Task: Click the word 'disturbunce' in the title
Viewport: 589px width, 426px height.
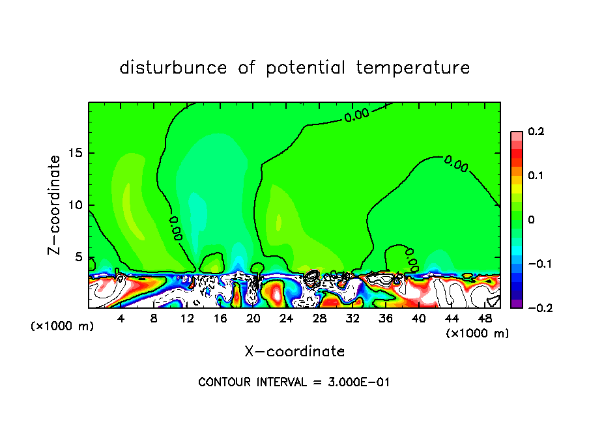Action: tap(173, 68)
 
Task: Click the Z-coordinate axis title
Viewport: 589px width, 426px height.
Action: tap(56, 205)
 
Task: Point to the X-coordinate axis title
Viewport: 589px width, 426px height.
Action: tap(294, 352)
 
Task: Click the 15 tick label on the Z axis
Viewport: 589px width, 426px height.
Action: tap(75, 154)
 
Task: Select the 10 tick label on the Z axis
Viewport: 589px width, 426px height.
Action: tap(75, 205)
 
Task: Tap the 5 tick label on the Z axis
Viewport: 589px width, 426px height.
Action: tap(78, 257)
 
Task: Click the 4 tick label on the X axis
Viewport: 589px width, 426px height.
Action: tap(121, 319)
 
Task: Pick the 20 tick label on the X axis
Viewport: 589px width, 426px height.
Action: tap(253, 319)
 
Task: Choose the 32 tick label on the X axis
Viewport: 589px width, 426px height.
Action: tap(352, 319)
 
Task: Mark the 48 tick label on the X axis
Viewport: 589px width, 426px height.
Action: tap(485, 319)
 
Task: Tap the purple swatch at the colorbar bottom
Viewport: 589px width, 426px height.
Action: tap(516, 304)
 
